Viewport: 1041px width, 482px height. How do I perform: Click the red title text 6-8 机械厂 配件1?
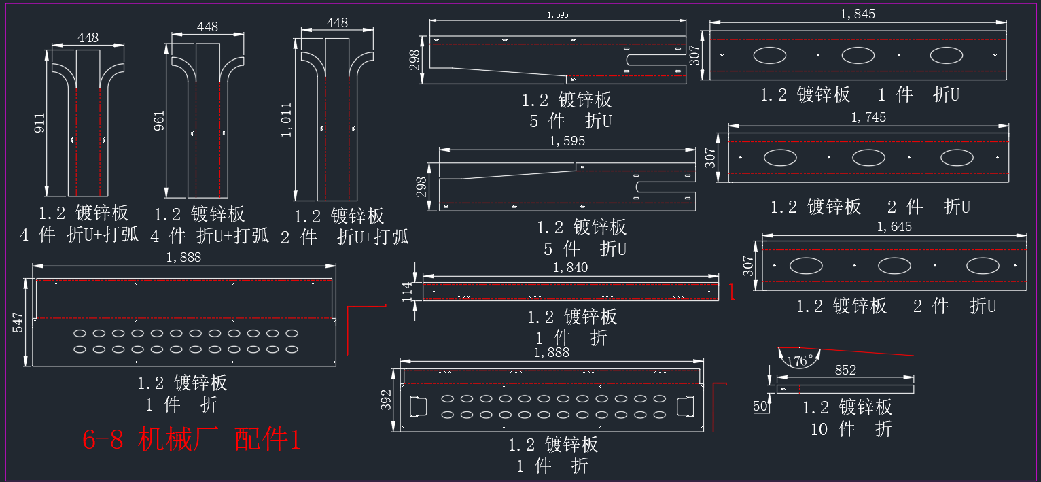click(192, 439)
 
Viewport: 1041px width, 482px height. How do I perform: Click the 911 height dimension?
click(40, 122)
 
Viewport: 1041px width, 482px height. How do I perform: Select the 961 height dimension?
click(159, 121)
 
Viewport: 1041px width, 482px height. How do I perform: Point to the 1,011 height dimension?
click(286, 120)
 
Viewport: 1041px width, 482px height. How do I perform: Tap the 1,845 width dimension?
click(858, 14)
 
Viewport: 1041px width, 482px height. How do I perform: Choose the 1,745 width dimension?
click(868, 117)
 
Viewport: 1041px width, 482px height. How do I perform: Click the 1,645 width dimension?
click(894, 227)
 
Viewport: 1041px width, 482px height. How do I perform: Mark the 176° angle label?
click(800, 361)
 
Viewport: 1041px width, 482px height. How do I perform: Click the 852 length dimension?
click(845, 370)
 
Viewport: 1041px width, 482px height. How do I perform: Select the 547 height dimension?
click(18, 322)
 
